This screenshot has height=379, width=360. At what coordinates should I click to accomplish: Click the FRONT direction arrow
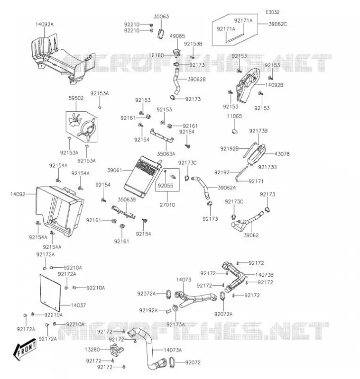[25, 349]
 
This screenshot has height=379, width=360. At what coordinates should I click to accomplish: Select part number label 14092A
[45, 25]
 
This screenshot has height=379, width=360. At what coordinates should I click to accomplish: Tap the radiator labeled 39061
[142, 176]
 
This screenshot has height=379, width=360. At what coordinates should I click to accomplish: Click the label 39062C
[278, 24]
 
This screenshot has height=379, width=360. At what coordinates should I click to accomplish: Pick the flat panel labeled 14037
[50, 292]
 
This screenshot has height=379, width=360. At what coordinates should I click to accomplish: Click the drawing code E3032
[272, 12]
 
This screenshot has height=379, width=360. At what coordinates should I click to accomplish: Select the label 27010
[167, 205]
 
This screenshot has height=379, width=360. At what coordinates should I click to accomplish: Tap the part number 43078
[282, 153]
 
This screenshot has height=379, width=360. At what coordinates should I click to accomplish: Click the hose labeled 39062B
[176, 81]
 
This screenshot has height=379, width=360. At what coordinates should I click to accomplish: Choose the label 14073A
[173, 350]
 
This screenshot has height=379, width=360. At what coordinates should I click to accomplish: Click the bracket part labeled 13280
[117, 350]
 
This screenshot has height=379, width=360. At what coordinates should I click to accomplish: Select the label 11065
[234, 116]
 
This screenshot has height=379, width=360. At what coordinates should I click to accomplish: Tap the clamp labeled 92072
[173, 361]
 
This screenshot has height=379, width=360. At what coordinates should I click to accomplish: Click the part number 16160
[157, 55]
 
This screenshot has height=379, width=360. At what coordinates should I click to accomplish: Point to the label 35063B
[127, 199]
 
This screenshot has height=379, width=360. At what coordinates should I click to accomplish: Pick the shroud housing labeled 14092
[59, 210]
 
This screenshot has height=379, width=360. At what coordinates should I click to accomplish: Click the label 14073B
[265, 275]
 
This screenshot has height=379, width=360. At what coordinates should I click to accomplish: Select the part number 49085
[177, 36]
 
